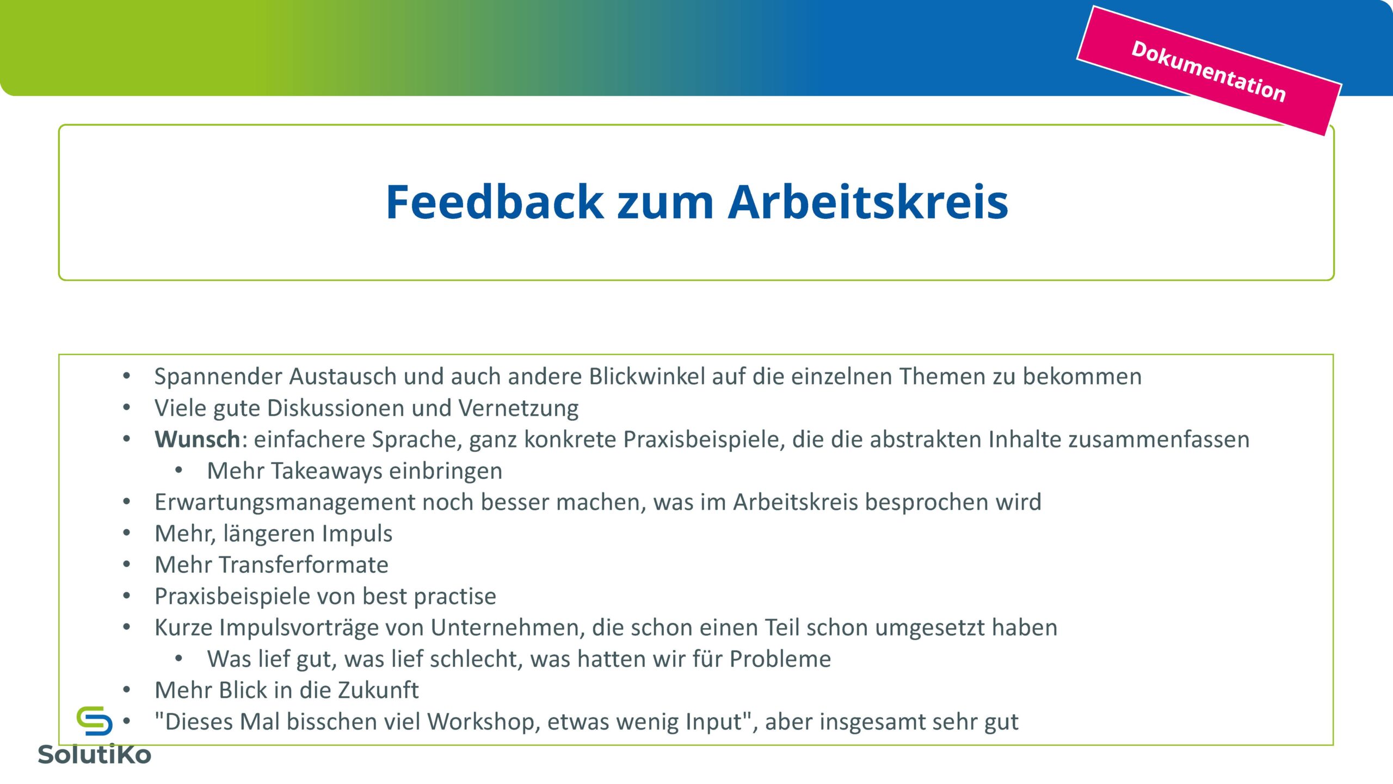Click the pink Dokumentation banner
point(1209,71)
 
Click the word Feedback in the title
point(495,202)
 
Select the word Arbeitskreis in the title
point(868,202)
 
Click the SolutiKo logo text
point(94,755)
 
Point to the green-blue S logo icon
point(95,721)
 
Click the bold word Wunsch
point(197,439)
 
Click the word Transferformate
point(304,565)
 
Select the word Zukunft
point(378,690)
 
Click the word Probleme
point(780,659)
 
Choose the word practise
point(455,597)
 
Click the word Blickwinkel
point(647,377)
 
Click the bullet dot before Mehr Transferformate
point(126,565)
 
